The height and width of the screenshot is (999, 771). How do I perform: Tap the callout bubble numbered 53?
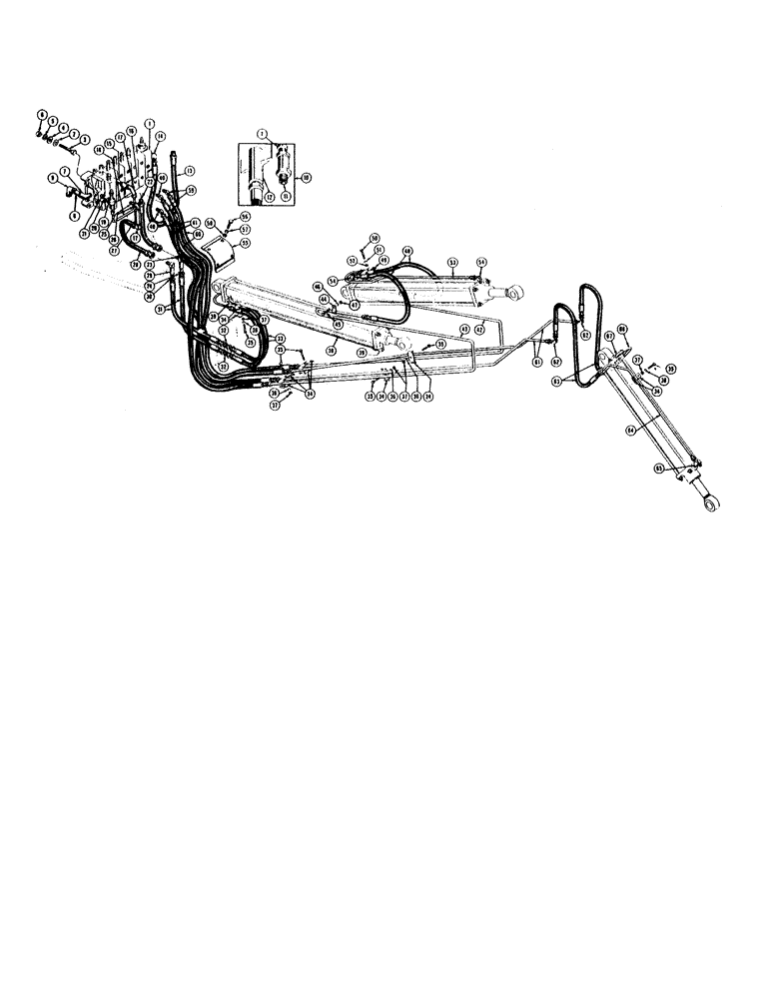pyautogui.click(x=452, y=264)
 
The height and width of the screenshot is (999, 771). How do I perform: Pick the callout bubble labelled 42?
pyautogui.click(x=479, y=329)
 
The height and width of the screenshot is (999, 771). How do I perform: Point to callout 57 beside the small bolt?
pyautogui.click(x=244, y=229)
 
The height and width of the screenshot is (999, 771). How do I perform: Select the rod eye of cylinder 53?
pyautogui.click(x=520, y=292)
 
